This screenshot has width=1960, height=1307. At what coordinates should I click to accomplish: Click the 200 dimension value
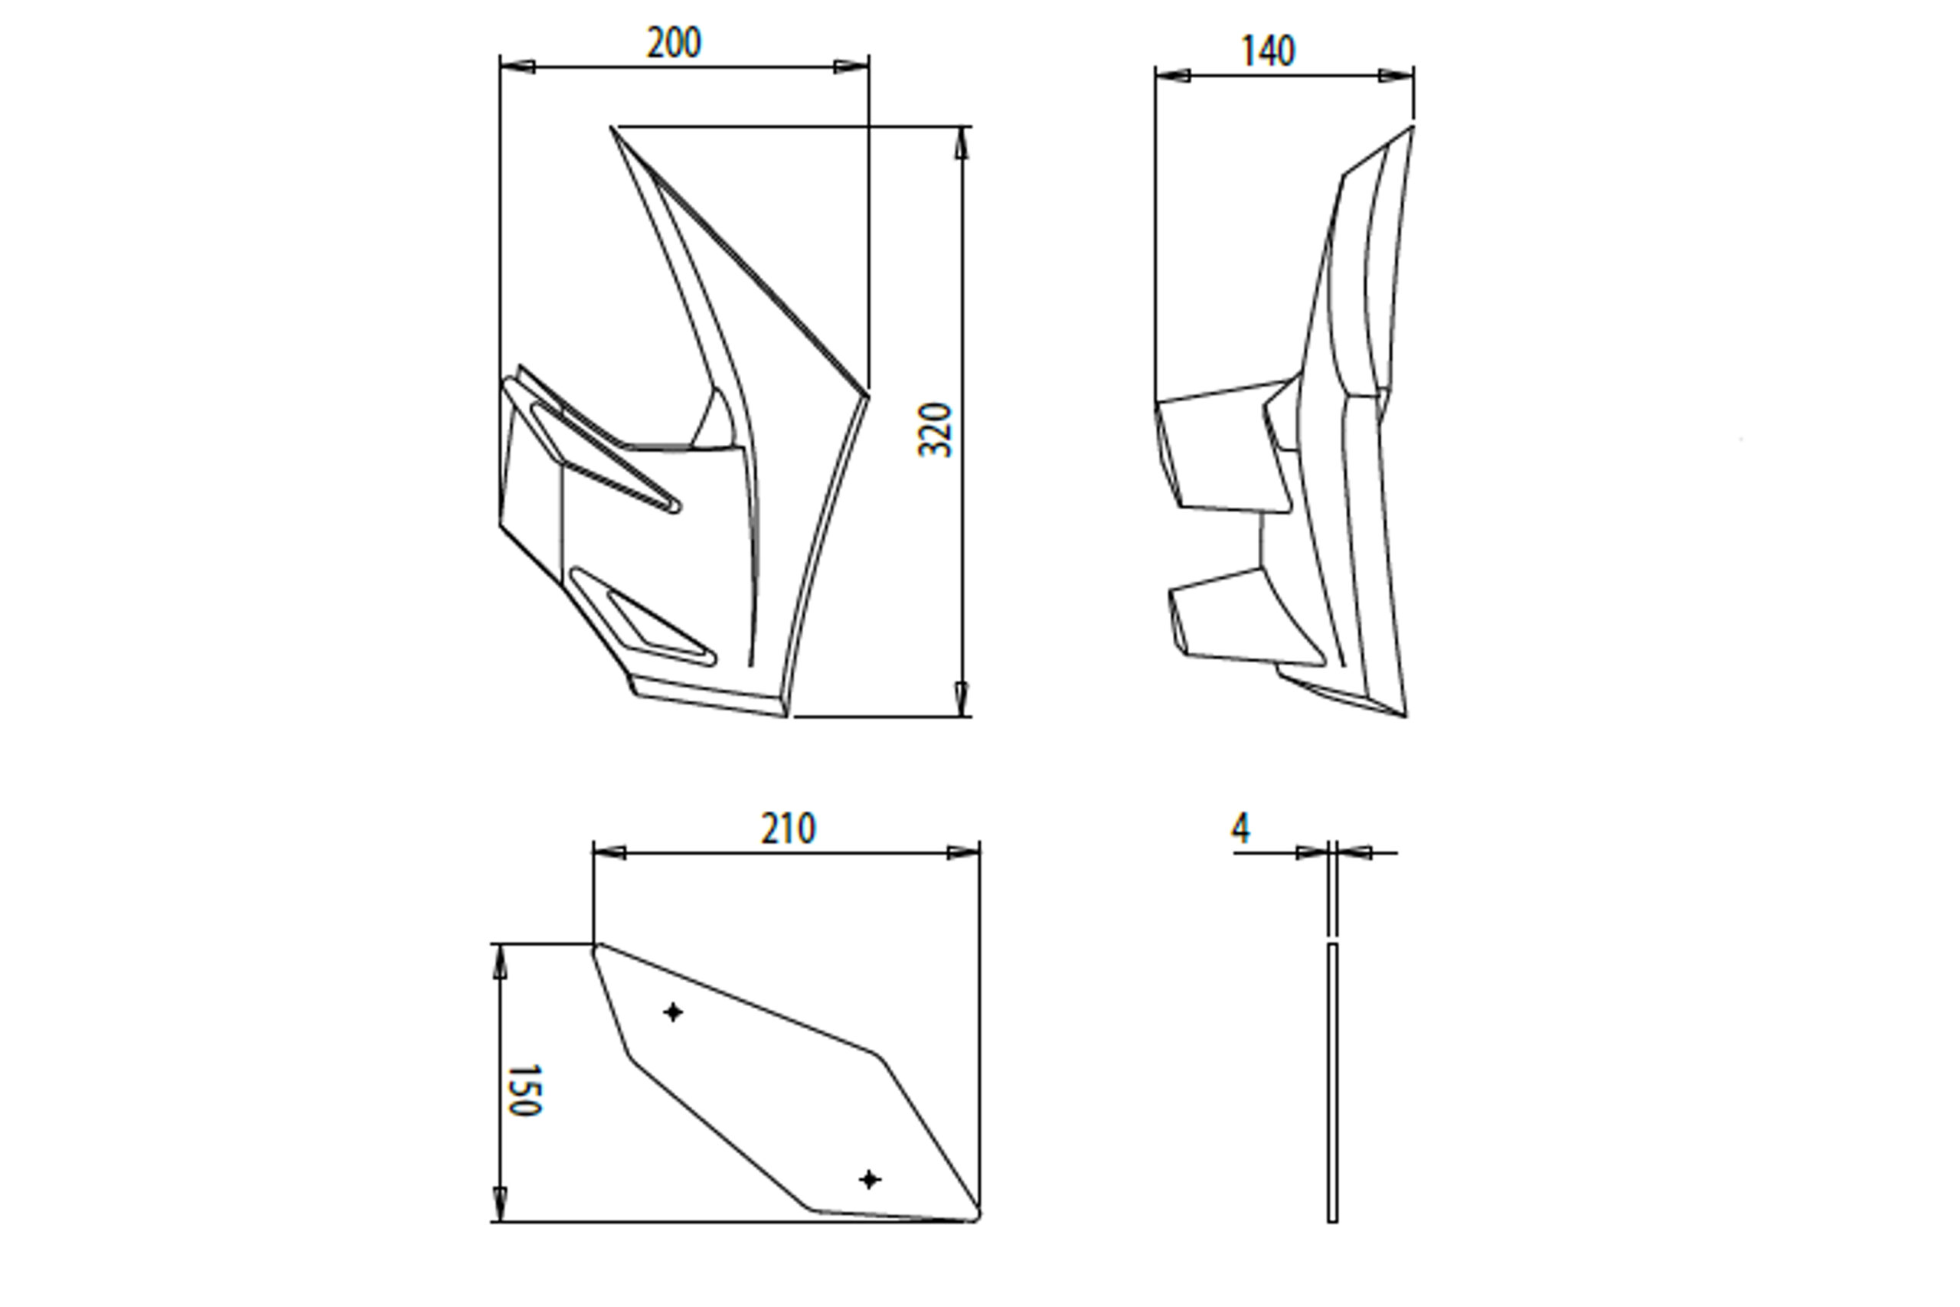coord(673,44)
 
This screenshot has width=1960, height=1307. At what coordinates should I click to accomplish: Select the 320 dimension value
coord(935,430)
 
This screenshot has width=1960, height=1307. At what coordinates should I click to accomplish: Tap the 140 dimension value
coord(1268,51)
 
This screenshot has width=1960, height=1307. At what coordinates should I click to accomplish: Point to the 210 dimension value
coord(788,829)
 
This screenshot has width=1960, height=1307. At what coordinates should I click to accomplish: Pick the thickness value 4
coord(1241,828)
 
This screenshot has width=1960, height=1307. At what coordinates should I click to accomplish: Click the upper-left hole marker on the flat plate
coord(673,1013)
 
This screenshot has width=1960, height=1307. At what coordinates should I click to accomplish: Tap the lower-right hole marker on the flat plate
coord(869,1179)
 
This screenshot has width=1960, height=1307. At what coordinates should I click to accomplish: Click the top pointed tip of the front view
coord(613,129)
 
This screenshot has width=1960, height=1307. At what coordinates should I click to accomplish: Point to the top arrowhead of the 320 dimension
coord(962,142)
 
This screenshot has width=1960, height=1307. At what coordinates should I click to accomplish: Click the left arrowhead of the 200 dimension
coord(517,67)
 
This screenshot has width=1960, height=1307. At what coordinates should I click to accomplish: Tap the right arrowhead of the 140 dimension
coord(1396,76)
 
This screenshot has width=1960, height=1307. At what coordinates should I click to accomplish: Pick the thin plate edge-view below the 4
coord(1332,1083)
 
